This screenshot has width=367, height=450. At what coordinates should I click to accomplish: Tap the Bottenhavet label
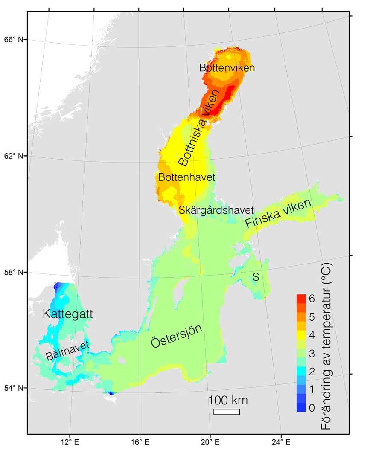coord(186,177)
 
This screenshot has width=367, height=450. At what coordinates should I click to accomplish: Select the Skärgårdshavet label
coord(216,210)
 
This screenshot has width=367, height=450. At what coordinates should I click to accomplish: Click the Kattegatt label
coord(68,315)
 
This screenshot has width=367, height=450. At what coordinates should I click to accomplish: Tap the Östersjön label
coord(176,337)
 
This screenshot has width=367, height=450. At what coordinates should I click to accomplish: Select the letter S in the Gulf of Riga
coord(256,277)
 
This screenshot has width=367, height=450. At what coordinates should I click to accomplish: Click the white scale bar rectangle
coord(227,412)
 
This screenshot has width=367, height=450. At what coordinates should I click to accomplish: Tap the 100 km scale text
coord(228,401)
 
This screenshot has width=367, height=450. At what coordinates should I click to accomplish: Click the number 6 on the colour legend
coord(312,299)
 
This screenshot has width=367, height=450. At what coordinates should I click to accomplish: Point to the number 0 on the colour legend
coord(312,408)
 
